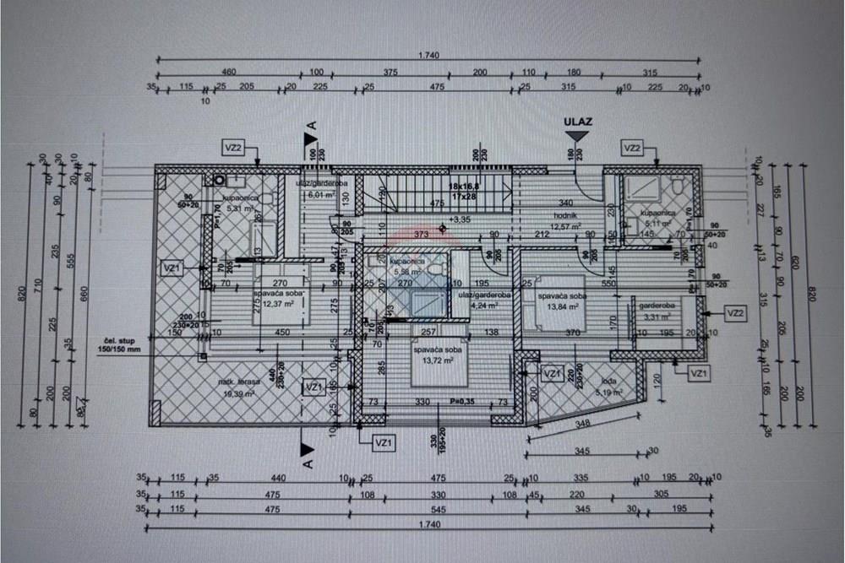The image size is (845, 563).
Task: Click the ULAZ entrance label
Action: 578,122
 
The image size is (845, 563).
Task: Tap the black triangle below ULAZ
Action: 577,135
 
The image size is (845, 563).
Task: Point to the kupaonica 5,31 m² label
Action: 238,203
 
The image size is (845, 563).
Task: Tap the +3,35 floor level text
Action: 461,219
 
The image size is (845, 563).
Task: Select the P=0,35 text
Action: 462,402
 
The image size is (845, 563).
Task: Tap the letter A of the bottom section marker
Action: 308,463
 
